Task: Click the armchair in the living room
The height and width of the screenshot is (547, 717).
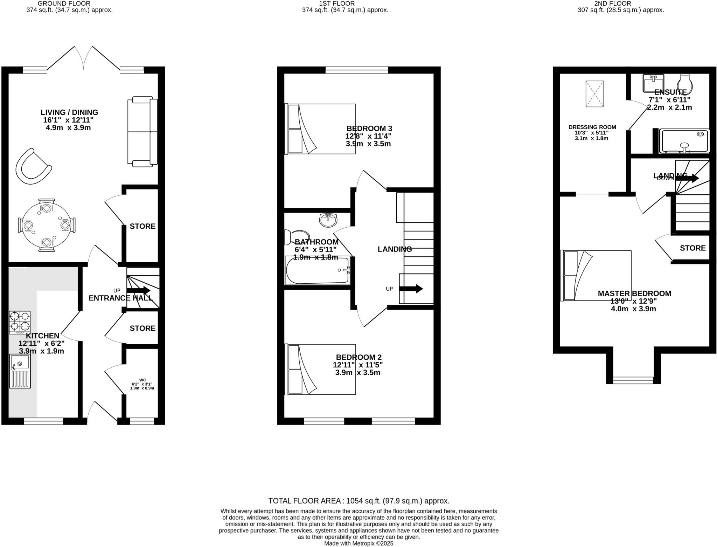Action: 33,167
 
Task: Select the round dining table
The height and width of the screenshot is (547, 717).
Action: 46,225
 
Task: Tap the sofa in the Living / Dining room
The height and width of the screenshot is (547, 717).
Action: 142,131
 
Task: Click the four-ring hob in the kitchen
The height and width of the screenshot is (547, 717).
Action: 20,321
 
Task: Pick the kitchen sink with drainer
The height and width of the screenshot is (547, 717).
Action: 20,371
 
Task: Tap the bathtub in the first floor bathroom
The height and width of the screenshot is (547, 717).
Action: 317,271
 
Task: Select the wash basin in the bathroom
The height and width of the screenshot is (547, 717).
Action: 328,220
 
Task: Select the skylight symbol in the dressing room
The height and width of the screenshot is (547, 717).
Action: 594,94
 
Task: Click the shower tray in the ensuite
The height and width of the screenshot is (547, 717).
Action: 684,141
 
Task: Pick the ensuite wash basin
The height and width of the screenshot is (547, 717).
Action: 653,83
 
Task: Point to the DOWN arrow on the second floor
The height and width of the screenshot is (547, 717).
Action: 687,178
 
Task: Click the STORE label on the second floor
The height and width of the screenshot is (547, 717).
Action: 692,248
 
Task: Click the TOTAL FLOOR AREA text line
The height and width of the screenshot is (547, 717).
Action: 358,501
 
